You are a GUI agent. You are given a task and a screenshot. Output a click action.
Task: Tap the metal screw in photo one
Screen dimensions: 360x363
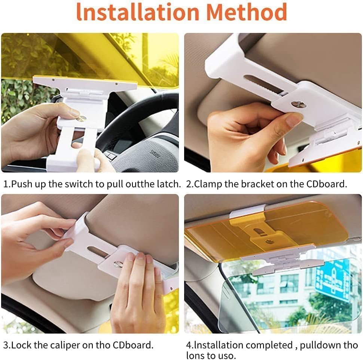click(82, 118)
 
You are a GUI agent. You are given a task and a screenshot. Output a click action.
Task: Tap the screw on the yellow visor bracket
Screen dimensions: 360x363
click(269, 241)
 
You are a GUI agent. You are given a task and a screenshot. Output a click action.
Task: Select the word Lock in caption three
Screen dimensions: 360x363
click(21, 345)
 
